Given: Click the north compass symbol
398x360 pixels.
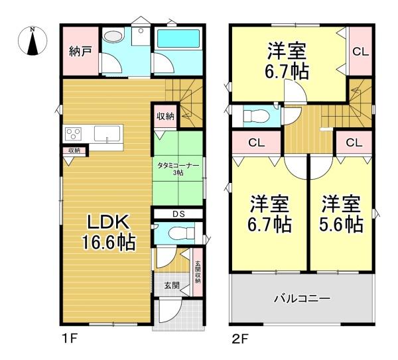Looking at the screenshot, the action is click(33, 41).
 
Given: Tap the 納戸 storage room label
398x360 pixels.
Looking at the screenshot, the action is click(80, 52).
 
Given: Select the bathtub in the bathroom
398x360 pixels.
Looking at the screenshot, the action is click(178, 38).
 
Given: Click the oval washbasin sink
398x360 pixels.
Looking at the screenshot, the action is click(113, 36).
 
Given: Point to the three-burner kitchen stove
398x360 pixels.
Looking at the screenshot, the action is click(73, 133).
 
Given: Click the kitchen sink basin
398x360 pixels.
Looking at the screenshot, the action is click(107, 133).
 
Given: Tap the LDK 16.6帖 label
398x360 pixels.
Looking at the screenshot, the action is click(108, 232).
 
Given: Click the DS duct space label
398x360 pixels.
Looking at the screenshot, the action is click(178, 214).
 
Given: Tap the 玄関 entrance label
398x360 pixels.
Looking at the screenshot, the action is click(172, 285).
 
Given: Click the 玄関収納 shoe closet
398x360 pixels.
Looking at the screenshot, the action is click(198, 272).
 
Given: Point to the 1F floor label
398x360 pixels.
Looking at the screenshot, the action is click(69, 339).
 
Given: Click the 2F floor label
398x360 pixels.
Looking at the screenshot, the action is click(240, 339).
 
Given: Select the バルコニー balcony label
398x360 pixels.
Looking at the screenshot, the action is click(302, 298).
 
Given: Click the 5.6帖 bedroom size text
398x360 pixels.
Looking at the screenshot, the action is click(341, 225).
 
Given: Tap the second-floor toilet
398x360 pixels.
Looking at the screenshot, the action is click(256, 116).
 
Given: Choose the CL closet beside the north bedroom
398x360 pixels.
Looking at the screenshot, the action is click(361, 52).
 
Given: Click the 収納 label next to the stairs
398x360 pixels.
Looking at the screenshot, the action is click(165, 117).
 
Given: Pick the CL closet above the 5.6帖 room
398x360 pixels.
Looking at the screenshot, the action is click(354, 143).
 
